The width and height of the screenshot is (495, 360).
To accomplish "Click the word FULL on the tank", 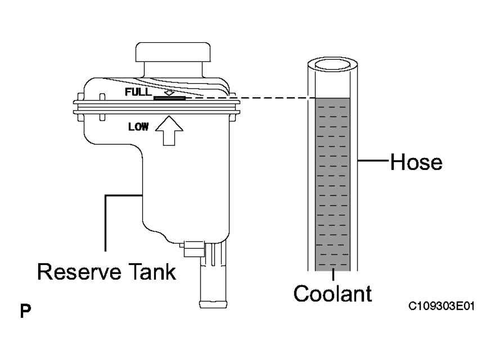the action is [138, 92].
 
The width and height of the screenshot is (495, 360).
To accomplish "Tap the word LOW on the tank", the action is [138, 127].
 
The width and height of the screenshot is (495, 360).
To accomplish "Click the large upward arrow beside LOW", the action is [169, 130].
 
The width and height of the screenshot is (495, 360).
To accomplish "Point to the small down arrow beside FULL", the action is [169, 92].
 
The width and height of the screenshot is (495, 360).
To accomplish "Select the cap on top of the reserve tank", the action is [173, 52].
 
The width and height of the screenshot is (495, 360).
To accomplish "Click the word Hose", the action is [416, 162].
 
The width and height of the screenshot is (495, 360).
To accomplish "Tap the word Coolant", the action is [332, 294].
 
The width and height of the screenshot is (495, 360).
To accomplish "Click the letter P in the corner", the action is [25, 311].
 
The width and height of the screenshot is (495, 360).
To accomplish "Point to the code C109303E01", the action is [442, 306].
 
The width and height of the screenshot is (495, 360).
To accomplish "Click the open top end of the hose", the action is [332, 65].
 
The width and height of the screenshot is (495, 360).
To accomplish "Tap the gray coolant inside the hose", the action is [333, 184].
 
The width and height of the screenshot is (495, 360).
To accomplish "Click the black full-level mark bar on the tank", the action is [169, 98].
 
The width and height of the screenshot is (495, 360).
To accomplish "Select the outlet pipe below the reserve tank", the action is [213, 274].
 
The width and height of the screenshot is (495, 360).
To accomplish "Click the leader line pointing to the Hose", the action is [373, 161].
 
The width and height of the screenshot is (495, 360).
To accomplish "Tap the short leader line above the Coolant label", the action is [333, 274].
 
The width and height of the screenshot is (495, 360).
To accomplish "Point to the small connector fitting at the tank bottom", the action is [193, 249].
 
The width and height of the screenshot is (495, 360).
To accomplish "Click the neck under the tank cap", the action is [173, 70].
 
